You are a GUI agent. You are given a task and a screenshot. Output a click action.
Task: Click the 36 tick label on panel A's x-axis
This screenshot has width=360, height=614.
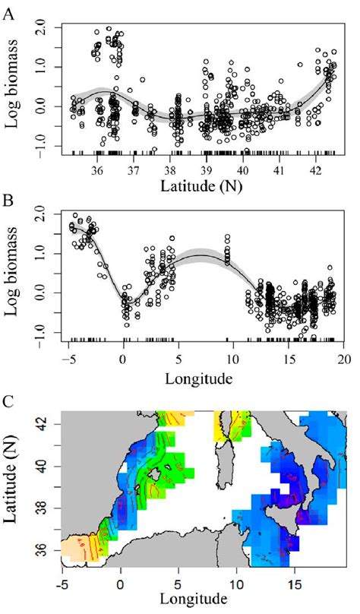(97, 169)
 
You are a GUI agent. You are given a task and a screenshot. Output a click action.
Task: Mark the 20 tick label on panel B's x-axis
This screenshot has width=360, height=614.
(343, 359)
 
